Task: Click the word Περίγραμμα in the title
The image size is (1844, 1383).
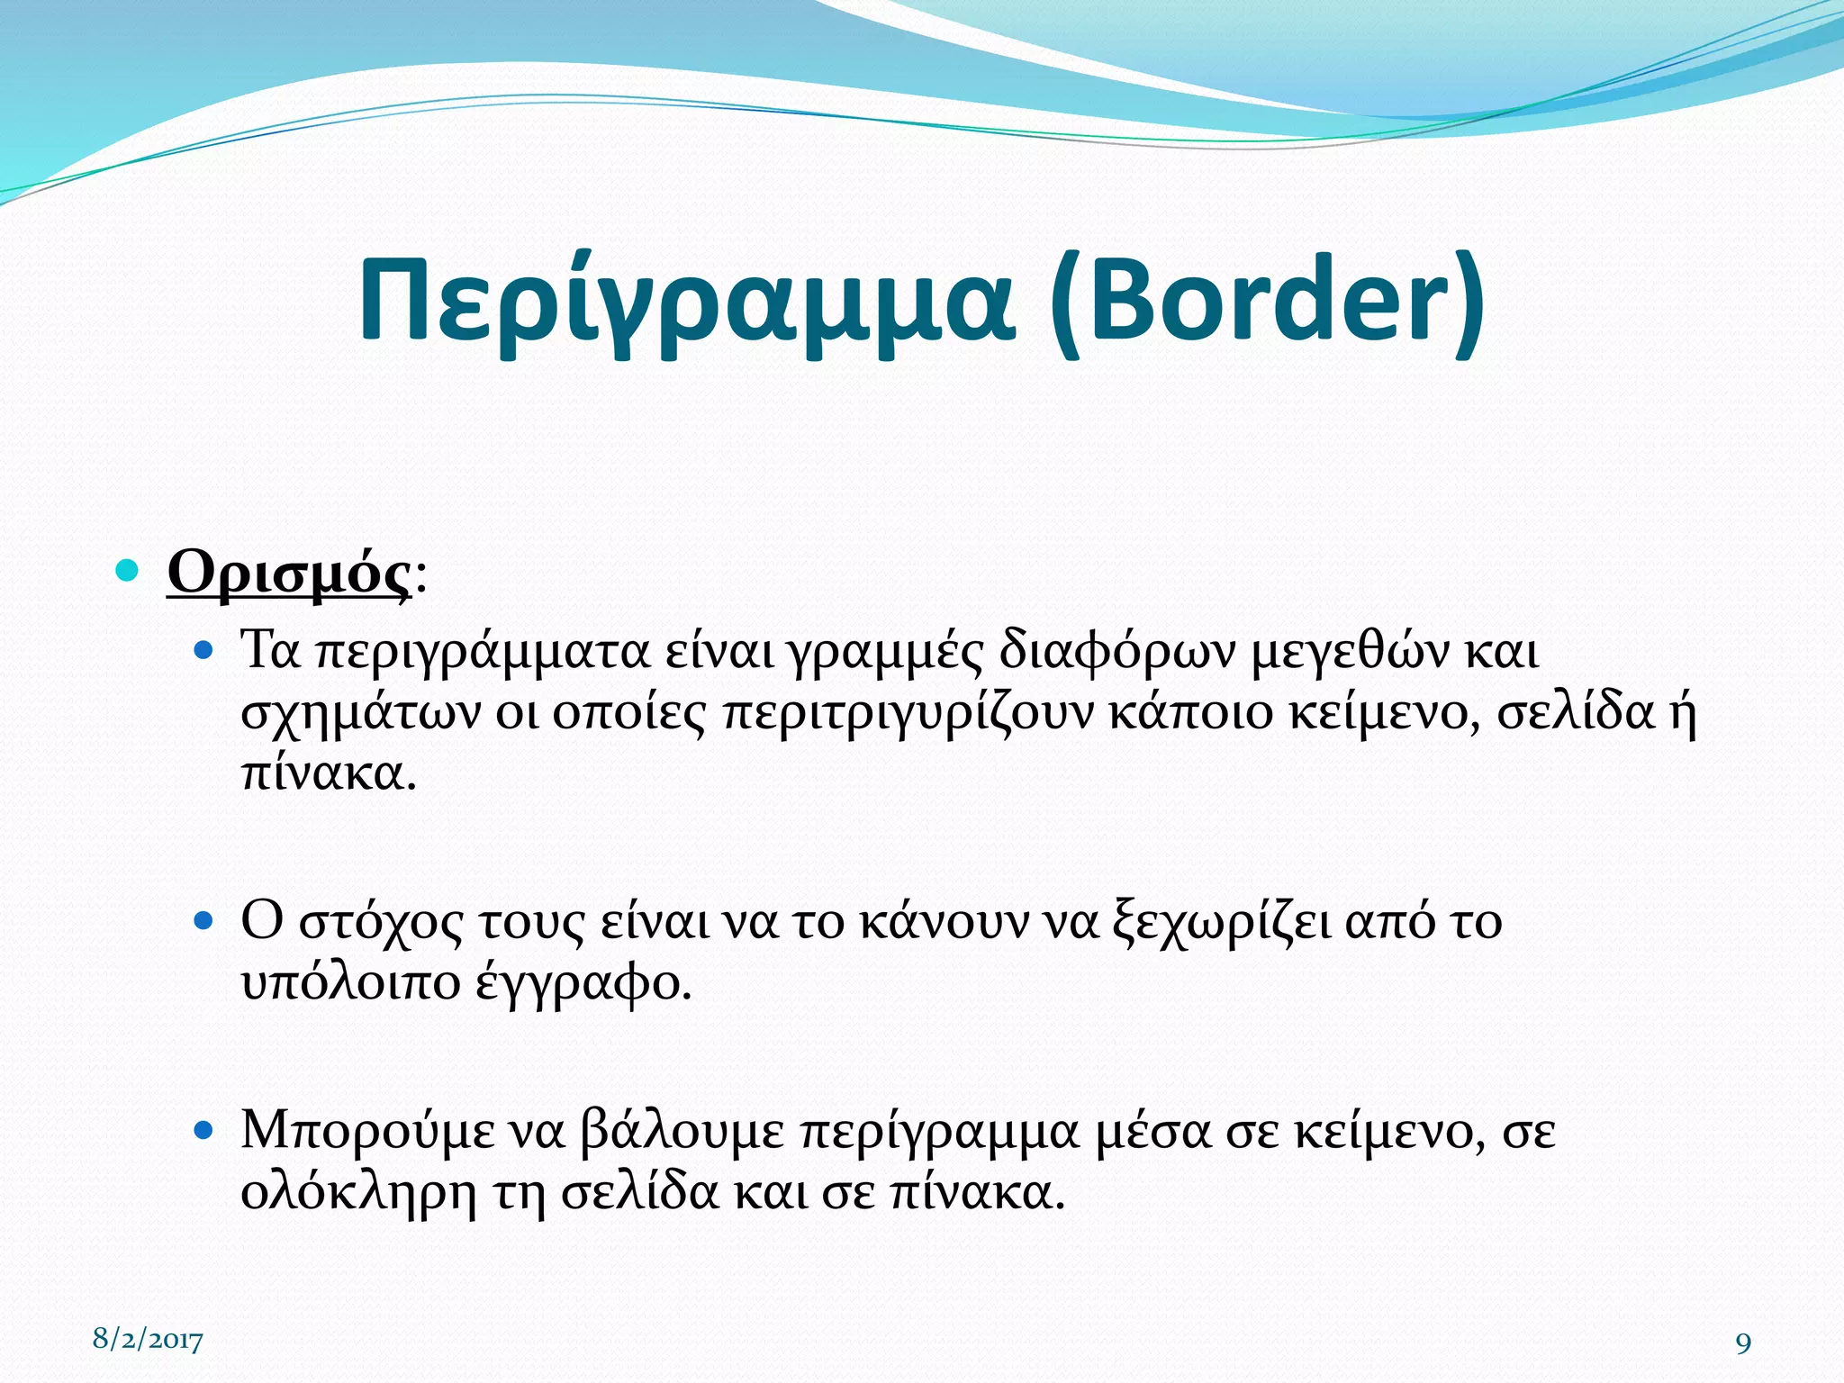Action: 686,302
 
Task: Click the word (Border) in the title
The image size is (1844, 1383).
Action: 1266,302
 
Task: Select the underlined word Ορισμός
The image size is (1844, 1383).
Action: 289,572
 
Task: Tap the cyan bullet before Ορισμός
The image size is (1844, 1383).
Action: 128,570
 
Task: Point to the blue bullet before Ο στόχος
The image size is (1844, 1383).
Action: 203,920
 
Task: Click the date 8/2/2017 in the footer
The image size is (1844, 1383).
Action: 149,1340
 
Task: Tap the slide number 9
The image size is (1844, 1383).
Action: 1743,1343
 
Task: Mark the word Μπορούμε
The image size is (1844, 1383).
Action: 367,1132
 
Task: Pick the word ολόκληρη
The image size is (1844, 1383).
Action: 358,1193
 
